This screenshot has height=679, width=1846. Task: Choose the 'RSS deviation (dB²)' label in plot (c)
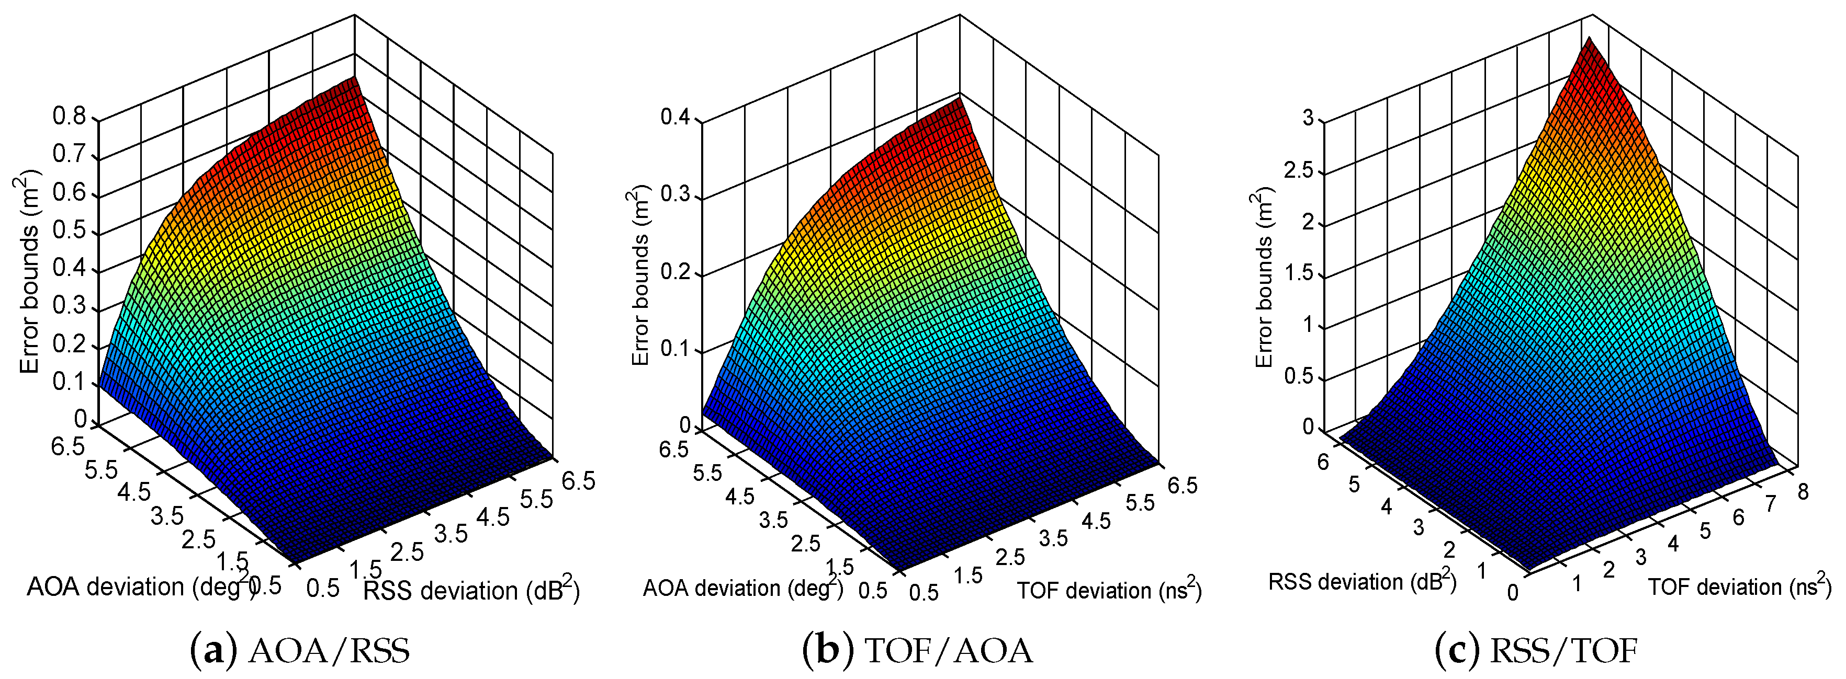pyautogui.click(x=1361, y=581)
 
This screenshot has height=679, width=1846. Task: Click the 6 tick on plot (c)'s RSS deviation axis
pyautogui.click(x=1322, y=463)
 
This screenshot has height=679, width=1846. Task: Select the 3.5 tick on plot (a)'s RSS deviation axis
pyautogui.click(x=451, y=534)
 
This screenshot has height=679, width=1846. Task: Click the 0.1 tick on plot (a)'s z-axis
pyautogui.click(x=69, y=382)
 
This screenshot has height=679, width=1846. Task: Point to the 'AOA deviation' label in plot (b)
pyautogui.click(x=742, y=588)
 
